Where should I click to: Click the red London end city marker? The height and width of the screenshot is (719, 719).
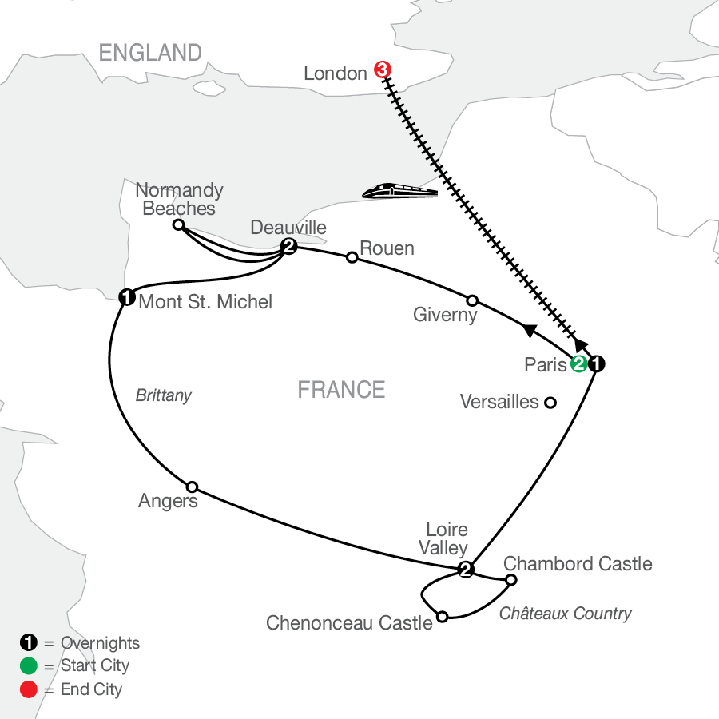click(383, 70)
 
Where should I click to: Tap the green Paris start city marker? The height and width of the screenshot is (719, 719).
click(579, 364)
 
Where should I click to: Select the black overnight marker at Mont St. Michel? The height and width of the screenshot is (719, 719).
click(127, 297)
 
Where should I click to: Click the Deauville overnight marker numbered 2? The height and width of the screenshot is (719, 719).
click(289, 247)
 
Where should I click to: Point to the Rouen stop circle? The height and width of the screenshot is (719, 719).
click(352, 257)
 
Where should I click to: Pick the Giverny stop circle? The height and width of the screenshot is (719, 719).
click(472, 301)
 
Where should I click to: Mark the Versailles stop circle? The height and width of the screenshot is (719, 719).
click(550, 403)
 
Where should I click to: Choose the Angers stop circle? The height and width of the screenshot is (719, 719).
click(192, 487)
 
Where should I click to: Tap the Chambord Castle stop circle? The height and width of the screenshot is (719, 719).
click(510, 580)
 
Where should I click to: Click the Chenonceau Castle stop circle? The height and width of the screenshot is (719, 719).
click(442, 617)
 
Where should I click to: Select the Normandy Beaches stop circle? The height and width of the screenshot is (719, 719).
click(178, 224)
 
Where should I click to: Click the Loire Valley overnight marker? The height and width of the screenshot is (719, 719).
click(466, 570)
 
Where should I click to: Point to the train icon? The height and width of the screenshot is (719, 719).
click(400, 190)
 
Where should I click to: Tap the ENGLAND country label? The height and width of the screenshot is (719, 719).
click(150, 52)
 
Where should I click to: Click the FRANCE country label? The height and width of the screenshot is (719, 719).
click(342, 390)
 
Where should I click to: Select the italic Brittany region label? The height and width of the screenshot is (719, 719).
click(164, 395)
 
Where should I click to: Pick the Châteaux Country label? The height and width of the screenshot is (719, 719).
click(566, 613)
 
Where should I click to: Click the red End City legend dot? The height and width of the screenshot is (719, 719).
click(29, 689)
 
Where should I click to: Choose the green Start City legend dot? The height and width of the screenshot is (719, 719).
click(29, 665)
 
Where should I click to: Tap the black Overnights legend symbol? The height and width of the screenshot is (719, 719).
click(29, 642)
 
